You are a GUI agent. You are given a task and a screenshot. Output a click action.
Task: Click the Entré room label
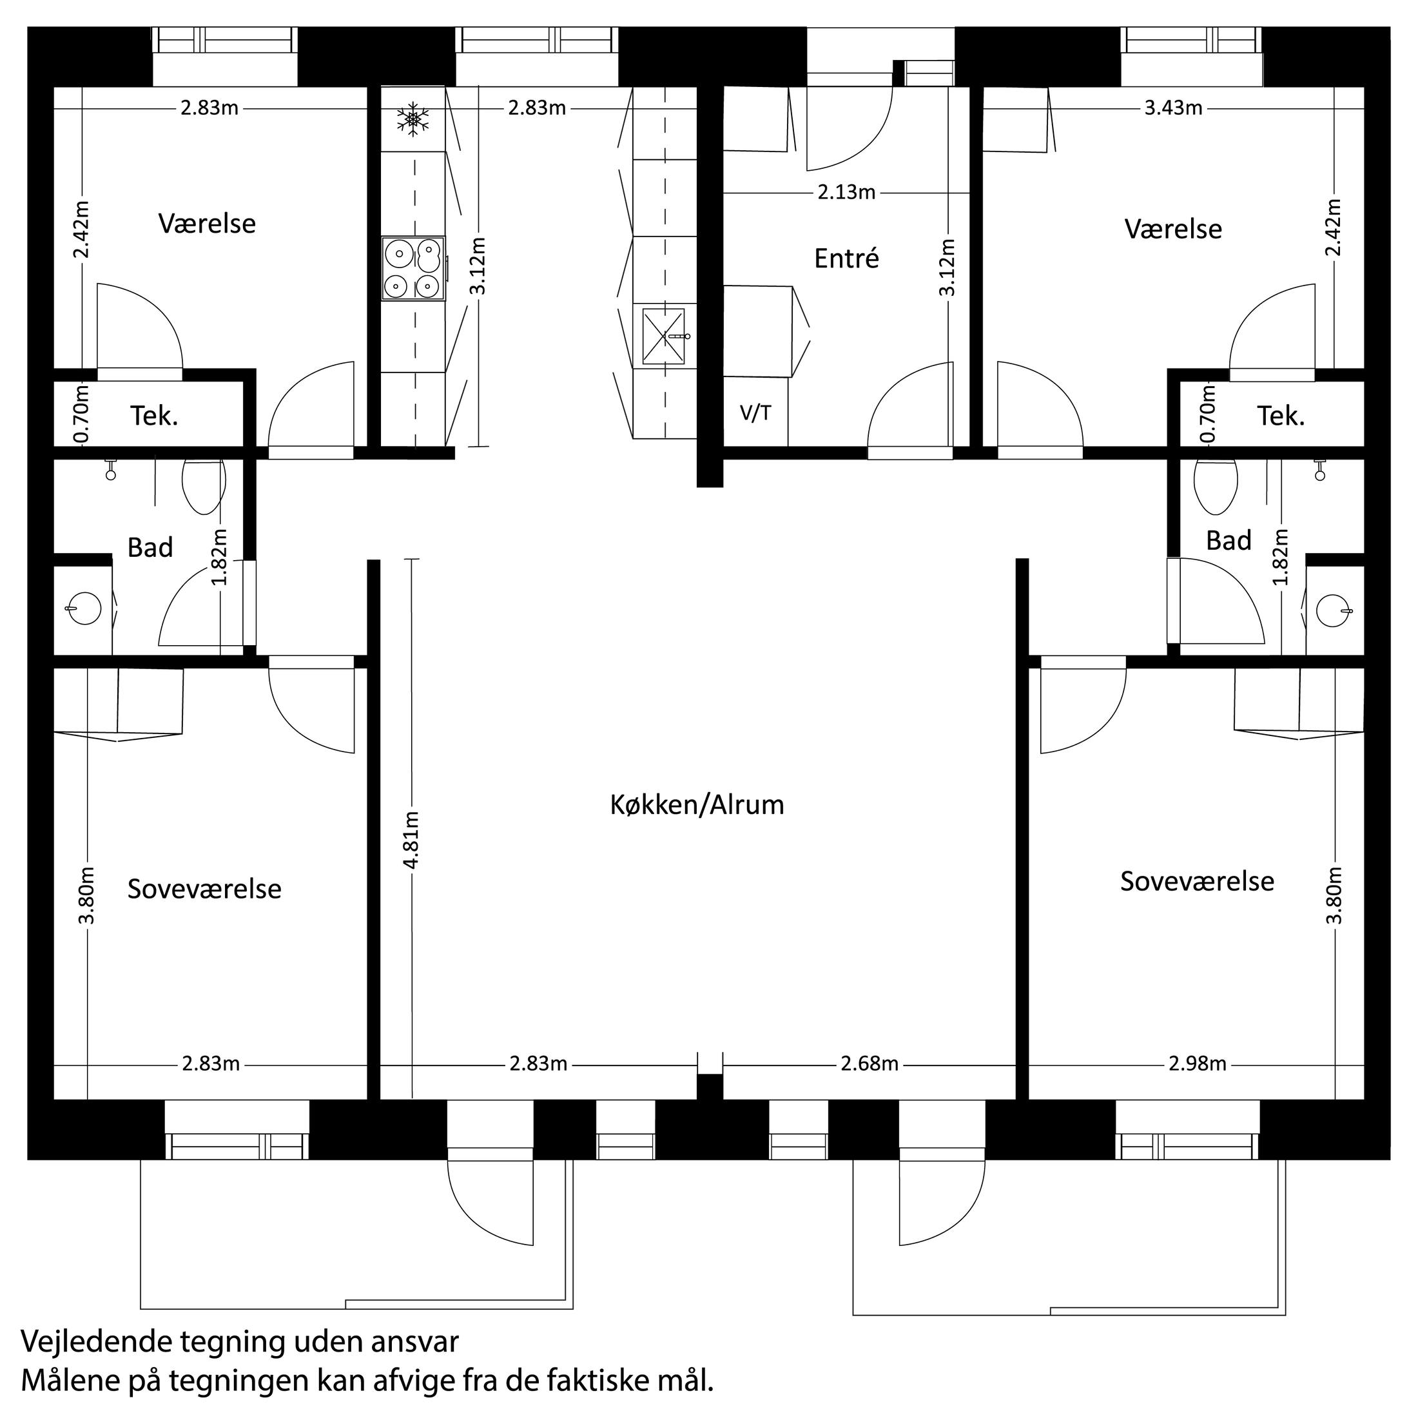click(846, 258)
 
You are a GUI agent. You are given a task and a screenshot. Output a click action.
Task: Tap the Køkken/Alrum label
click(697, 805)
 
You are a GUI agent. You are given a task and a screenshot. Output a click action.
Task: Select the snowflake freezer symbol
click(413, 119)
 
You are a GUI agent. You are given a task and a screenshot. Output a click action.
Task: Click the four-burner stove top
click(413, 269)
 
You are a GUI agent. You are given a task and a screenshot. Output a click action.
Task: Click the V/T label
click(755, 413)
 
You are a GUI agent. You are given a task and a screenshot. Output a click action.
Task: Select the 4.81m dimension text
click(412, 840)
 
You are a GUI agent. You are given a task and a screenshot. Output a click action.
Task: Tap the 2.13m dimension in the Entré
click(846, 192)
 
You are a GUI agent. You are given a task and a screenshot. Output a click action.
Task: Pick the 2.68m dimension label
click(869, 1063)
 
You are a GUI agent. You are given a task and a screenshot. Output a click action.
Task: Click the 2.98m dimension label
click(1197, 1063)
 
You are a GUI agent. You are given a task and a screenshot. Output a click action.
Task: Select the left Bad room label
click(150, 547)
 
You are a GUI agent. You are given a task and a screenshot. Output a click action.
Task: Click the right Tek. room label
click(1281, 416)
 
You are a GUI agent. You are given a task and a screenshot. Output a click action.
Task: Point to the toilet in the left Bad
click(203, 485)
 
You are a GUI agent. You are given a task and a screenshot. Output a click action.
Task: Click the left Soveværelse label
click(204, 889)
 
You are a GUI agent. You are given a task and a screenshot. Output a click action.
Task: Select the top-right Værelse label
click(1173, 229)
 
